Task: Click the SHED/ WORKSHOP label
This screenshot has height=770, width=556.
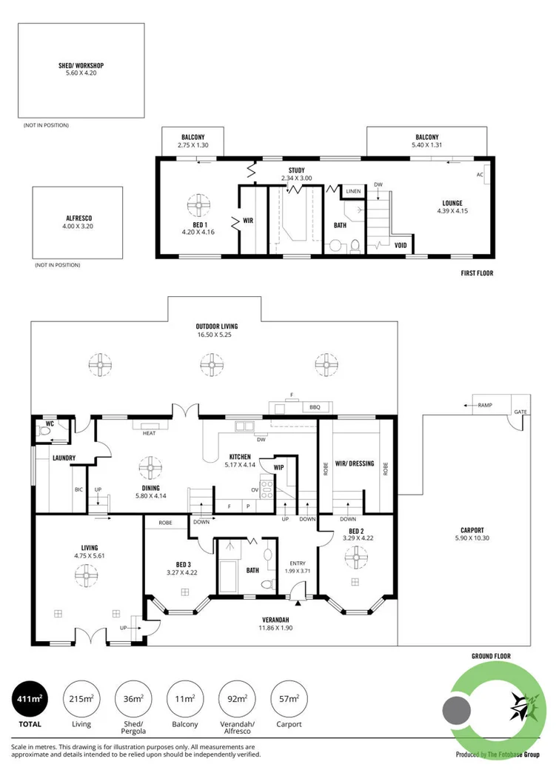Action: pos(81,65)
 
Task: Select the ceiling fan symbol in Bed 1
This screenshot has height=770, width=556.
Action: pos(199,205)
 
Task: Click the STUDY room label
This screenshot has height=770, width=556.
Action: pos(297,170)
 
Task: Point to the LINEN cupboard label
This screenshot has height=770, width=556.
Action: pos(353,192)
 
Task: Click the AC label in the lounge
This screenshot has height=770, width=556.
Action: pos(480,174)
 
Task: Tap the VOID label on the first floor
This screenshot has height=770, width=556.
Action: pos(401,245)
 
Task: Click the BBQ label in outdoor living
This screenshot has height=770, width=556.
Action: pos(315,407)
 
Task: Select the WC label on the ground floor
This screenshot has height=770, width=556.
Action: pos(50,423)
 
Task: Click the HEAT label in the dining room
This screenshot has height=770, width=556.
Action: pos(149,433)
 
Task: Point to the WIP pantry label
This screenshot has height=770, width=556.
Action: pos(278,467)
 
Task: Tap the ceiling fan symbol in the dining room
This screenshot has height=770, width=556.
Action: pos(150,467)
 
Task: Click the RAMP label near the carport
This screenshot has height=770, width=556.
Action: pos(485,405)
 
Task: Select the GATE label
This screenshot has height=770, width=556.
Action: pos(520,412)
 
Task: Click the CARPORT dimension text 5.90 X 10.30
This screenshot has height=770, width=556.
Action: pos(472,538)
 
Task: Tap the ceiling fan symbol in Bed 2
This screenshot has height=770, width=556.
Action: pos(356,558)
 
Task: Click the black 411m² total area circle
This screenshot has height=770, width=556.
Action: pos(30,699)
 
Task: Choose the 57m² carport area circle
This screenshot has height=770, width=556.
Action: pos(289,699)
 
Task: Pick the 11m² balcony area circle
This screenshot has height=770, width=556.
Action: pos(184,699)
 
